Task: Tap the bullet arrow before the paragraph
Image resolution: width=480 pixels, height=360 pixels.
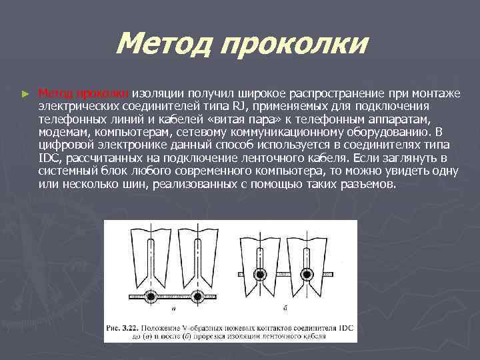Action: point(26,95)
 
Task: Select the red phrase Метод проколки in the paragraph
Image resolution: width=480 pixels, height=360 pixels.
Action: point(87,94)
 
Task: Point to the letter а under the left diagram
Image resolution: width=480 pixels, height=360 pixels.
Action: point(173,307)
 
